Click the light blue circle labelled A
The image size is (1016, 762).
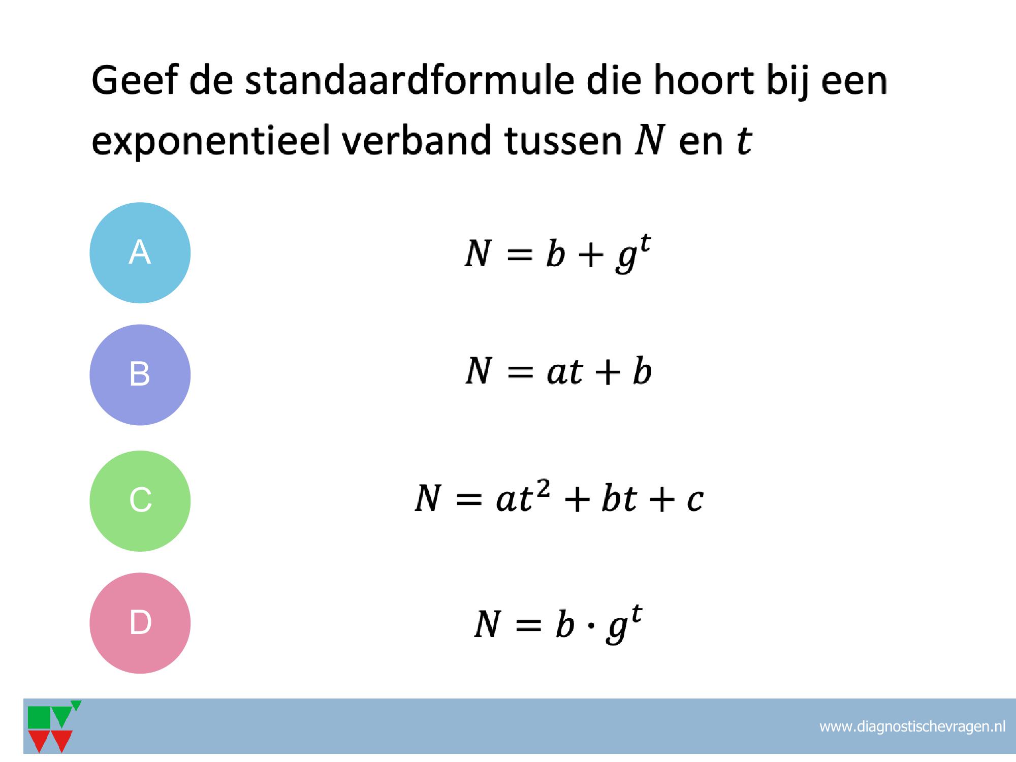tap(140, 253)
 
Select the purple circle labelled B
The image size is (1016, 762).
tap(140, 375)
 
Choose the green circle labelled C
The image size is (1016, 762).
tap(140, 501)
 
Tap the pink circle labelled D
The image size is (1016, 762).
tap(140, 623)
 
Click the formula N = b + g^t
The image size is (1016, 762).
tap(558, 253)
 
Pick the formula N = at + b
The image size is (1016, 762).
tap(558, 371)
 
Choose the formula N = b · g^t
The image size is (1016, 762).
tap(558, 624)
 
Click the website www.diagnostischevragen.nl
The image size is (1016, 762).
tap(912, 727)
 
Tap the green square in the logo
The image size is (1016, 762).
tap(39, 717)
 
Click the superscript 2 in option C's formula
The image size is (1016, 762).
tap(543, 489)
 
